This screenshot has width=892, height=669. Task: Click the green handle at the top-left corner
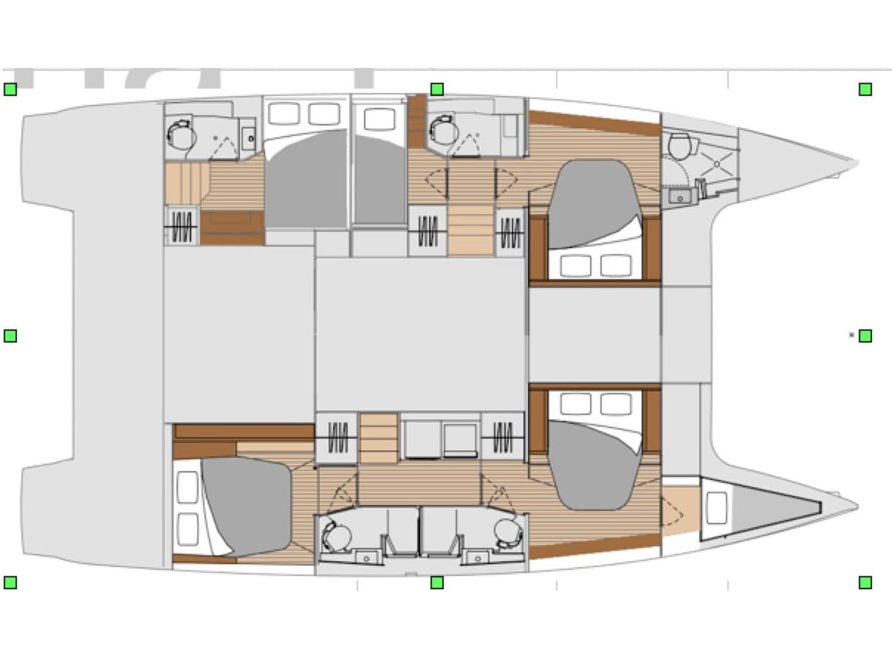click(10, 89)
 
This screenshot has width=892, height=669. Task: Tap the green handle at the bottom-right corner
click(865, 583)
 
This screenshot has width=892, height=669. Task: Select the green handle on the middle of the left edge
click(10, 336)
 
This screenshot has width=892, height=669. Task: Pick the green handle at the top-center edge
click(437, 89)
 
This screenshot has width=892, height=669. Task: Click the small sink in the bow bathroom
click(678, 196)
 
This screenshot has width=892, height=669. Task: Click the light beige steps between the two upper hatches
click(470, 230)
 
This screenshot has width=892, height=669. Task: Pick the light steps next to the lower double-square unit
click(379, 438)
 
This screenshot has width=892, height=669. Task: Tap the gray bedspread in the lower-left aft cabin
click(245, 504)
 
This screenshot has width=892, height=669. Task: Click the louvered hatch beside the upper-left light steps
click(182, 225)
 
